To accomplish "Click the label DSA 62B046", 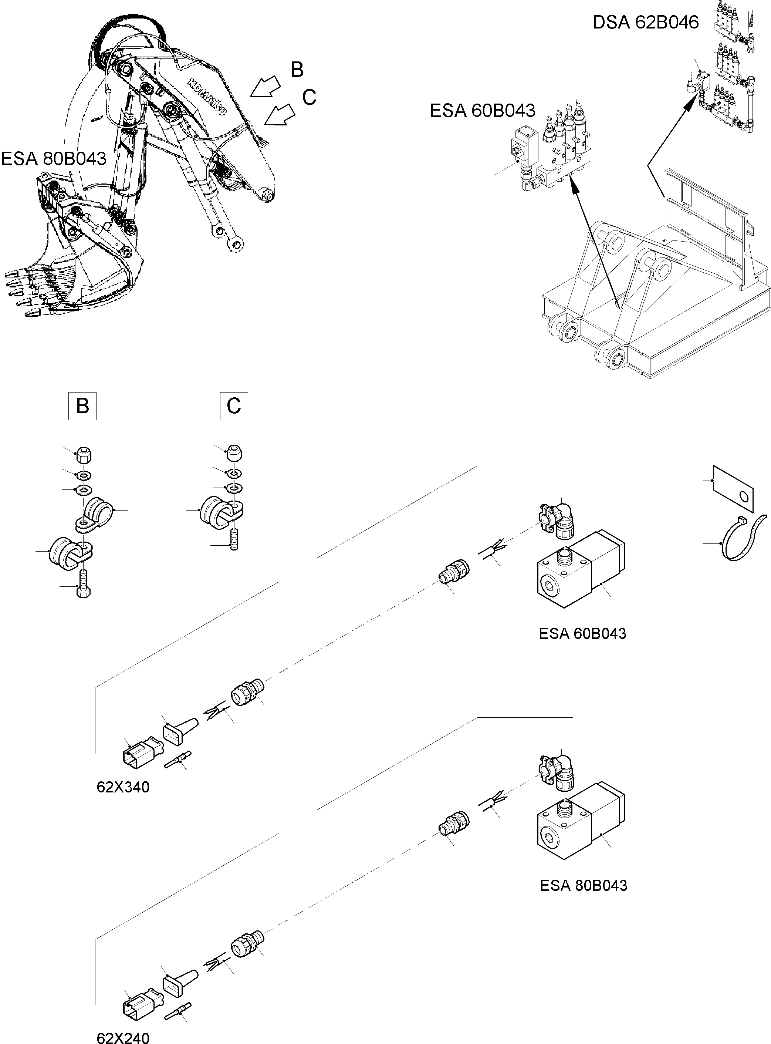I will pyautogui.click(x=645, y=23).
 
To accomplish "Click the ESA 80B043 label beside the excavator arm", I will pyautogui.click(x=54, y=159).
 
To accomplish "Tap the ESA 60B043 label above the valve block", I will pyautogui.click(x=482, y=111).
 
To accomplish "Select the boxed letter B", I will pyautogui.click(x=82, y=406).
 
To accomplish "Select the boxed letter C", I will pyautogui.click(x=234, y=406).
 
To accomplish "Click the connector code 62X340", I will pyautogui.click(x=123, y=787).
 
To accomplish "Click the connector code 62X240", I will pyautogui.click(x=123, y=1037).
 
